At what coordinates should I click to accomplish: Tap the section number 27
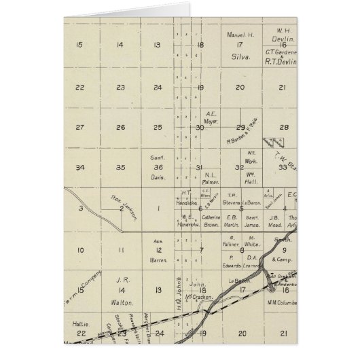click(x=79, y=127)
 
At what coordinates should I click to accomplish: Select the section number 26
click(x=120, y=127)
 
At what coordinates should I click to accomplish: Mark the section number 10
click(x=80, y=251)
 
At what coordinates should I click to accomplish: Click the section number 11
click(x=120, y=251)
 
